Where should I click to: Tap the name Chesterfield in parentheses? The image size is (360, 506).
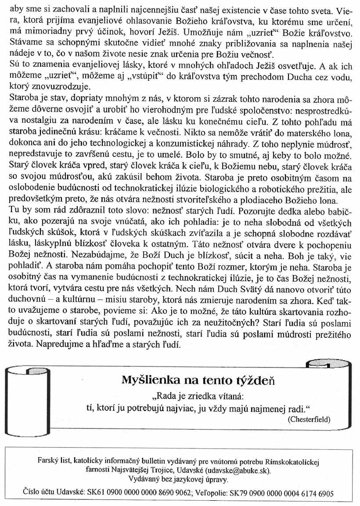309,419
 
